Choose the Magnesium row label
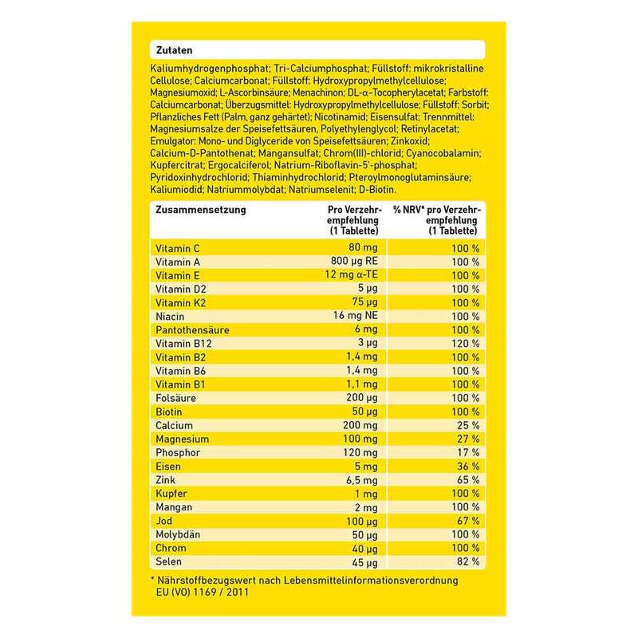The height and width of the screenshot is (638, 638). pos(183,439)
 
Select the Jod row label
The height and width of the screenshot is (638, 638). pos(166,521)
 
